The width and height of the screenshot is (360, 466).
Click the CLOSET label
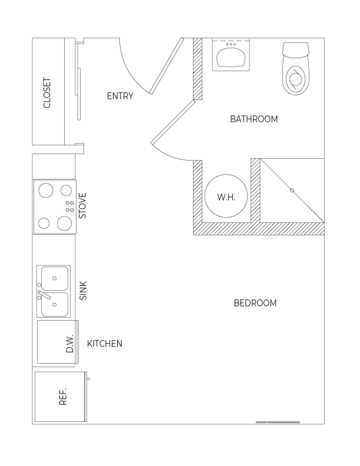click(x=47, y=93)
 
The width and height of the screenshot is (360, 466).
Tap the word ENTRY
click(x=120, y=96)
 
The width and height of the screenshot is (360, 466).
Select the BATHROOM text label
click(x=254, y=119)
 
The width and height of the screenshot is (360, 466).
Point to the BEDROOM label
click(x=255, y=303)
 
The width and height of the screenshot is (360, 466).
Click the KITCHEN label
click(x=105, y=344)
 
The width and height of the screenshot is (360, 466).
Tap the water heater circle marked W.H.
click(x=226, y=196)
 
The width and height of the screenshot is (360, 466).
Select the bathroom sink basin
click(x=231, y=58)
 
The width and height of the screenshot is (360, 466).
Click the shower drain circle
click(x=292, y=191)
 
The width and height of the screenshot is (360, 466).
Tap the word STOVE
click(x=82, y=206)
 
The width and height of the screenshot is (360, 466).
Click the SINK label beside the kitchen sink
click(x=84, y=290)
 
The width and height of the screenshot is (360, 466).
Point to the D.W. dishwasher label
click(x=70, y=344)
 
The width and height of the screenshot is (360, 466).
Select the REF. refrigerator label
click(x=63, y=397)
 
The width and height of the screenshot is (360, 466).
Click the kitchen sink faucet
click(x=44, y=294)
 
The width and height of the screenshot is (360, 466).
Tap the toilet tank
click(x=296, y=49)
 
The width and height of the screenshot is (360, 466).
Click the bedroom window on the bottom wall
click(x=278, y=422)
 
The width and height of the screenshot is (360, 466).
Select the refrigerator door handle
click(x=88, y=379)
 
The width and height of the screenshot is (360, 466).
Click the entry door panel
click(x=166, y=65)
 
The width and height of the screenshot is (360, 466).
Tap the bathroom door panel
click(x=173, y=122)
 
